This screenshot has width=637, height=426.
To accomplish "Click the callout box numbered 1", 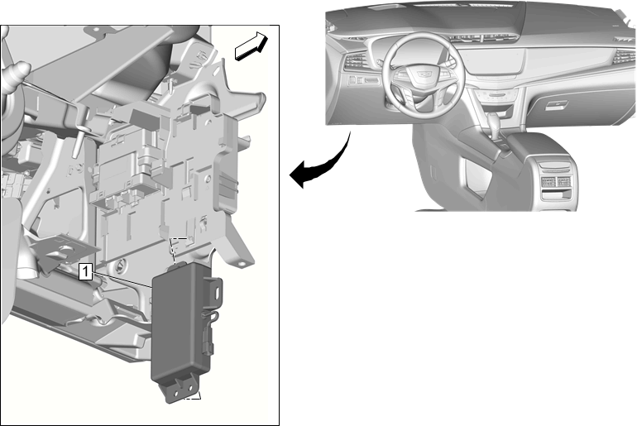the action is tap(85, 271).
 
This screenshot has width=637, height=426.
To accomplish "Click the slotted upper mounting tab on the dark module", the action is tap(213, 291).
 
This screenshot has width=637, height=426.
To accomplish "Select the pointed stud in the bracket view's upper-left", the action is tap(17, 72).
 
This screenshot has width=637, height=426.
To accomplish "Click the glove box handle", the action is tap(556, 105).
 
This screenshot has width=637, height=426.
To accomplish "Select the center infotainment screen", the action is tap(495, 60).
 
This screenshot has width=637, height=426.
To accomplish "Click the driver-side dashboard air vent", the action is tap(355, 61).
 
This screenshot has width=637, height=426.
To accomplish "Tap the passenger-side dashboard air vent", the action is tap(624, 57).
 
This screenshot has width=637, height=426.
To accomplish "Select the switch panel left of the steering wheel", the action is tap(364, 80).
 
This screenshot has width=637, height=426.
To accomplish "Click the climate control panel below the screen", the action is tap(495, 95).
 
